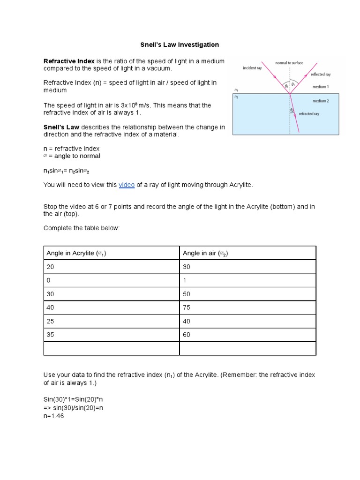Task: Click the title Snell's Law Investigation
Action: pos(180,45)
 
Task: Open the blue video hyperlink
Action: pos(127,185)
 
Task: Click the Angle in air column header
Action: pos(205,253)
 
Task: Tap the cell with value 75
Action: pos(187,307)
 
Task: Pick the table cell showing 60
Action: pos(187,335)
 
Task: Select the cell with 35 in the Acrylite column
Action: pos(50,335)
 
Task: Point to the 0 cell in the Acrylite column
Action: pos(48,280)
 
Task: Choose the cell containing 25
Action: pos(50,321)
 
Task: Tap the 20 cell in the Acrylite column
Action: pos(50,267)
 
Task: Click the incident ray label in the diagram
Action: pos(252,68)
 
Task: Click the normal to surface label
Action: pos(289,63)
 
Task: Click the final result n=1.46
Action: pos(53,416)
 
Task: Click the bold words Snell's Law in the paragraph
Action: pos(61,127)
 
